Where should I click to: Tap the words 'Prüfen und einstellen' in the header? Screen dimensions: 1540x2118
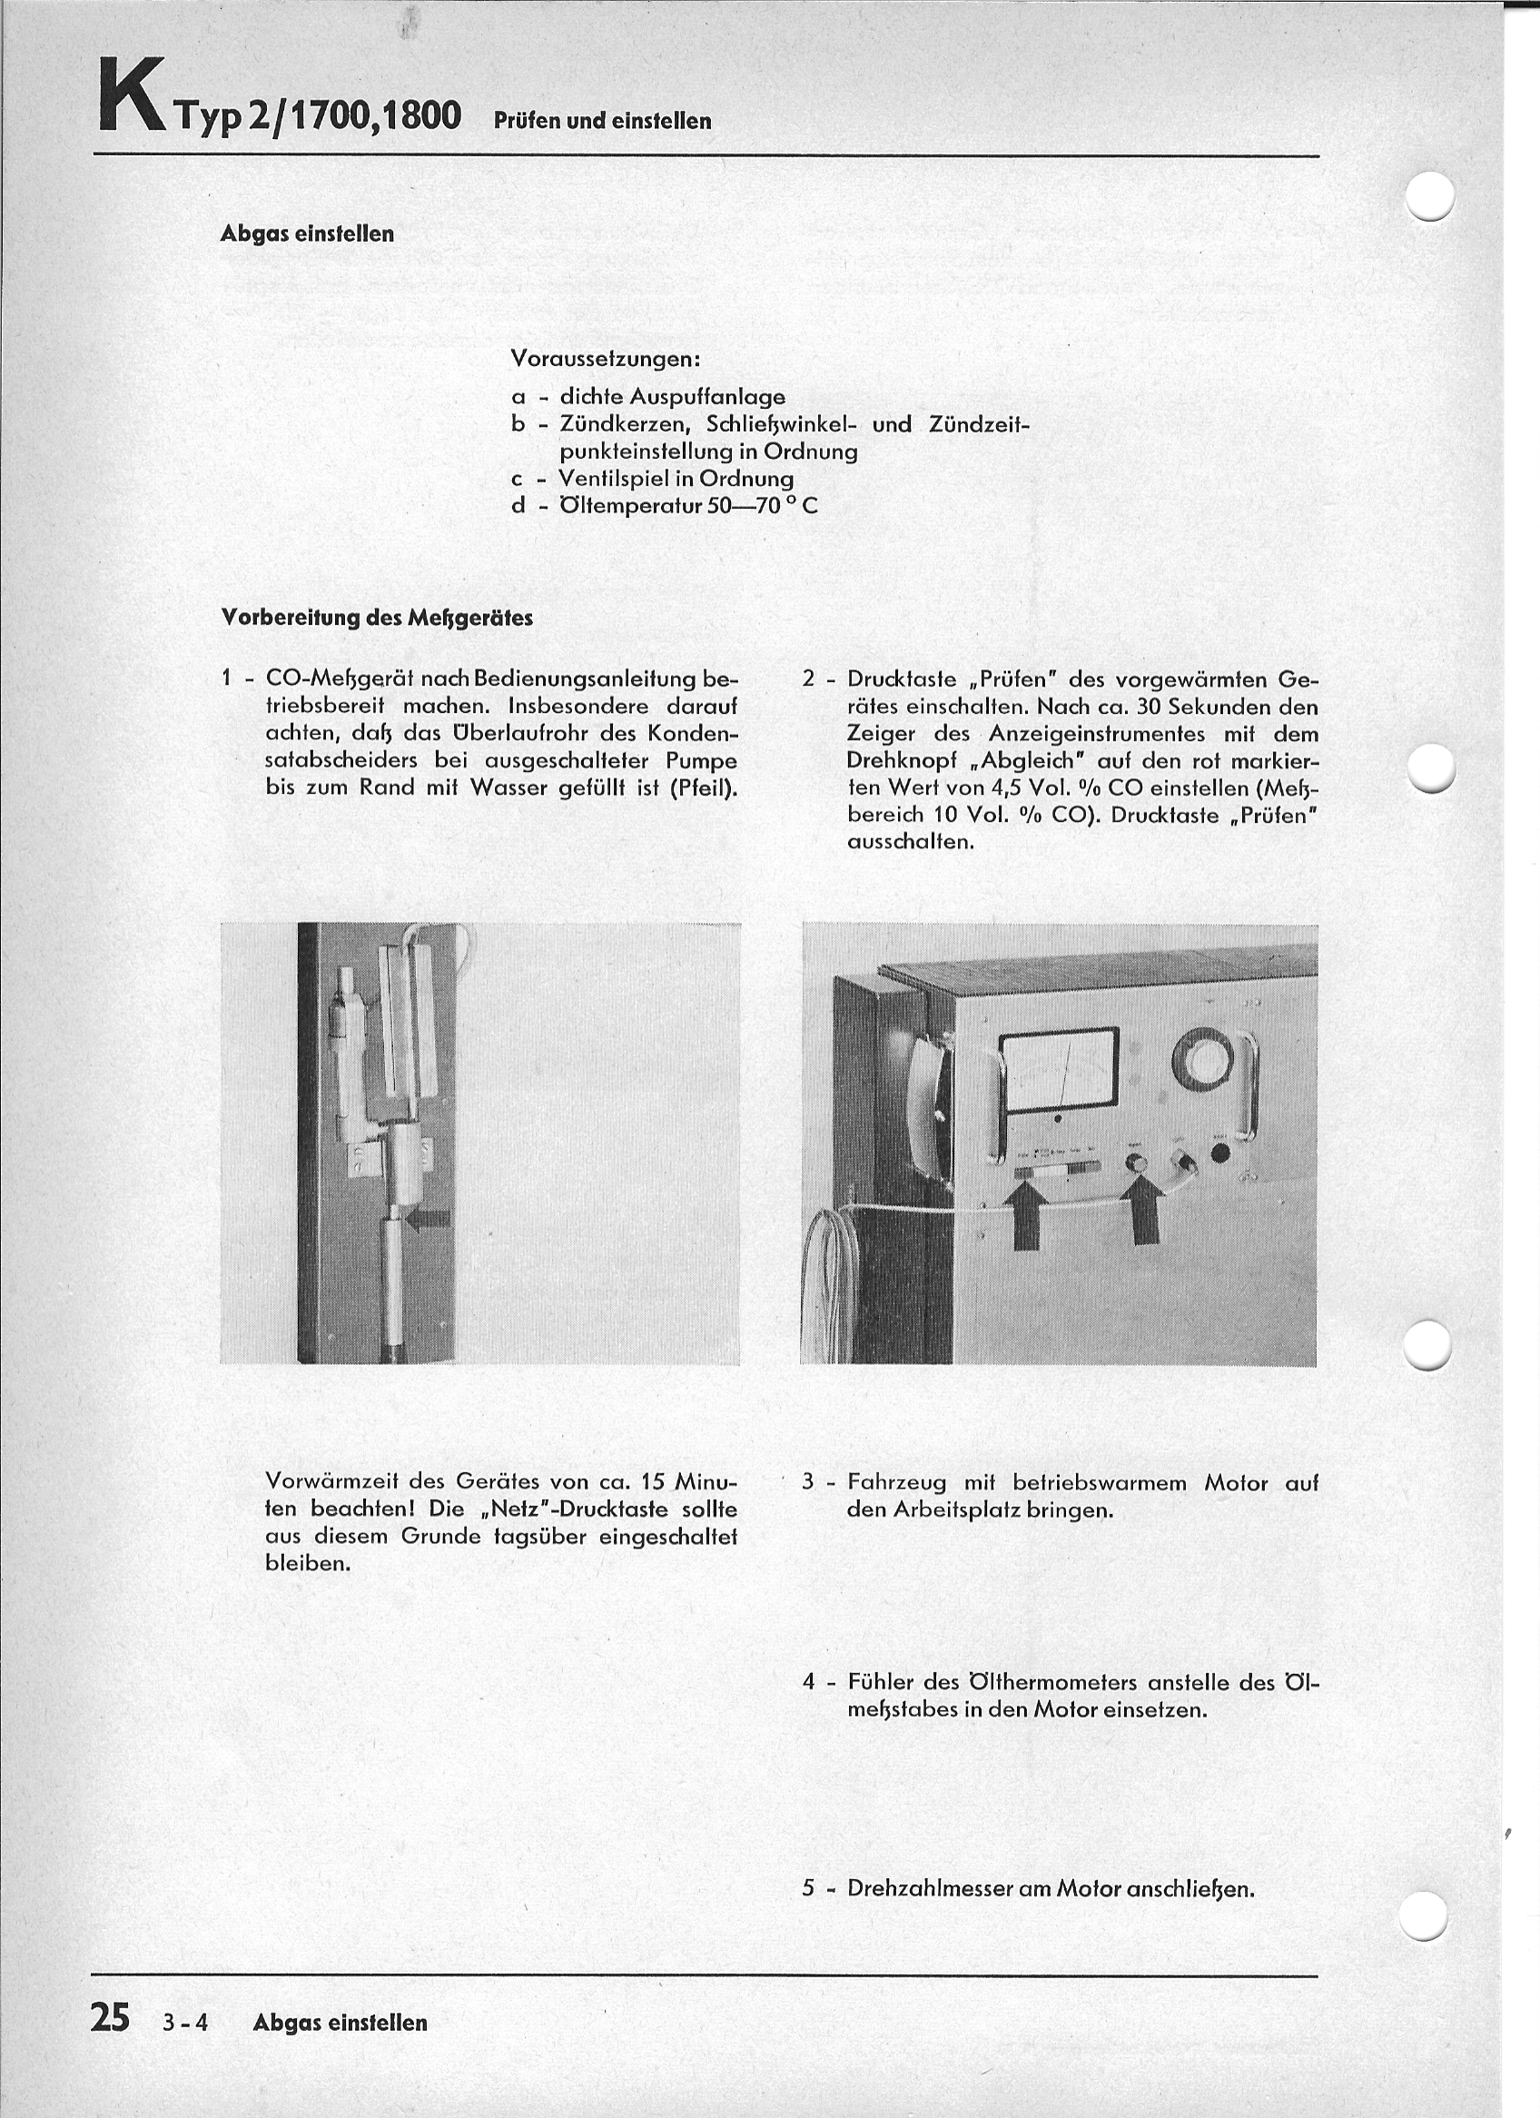(602, 121)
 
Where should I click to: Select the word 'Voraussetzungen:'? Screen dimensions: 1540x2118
(606, 359)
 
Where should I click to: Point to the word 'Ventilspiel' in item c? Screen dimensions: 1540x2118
(613, 479)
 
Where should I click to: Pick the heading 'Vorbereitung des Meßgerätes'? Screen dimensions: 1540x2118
(378, 618)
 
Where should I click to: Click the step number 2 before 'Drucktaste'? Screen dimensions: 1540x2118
(809, 679)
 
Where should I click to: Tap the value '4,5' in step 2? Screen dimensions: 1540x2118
(983, 787)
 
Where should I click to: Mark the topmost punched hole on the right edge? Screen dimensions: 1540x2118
(1430, 196)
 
